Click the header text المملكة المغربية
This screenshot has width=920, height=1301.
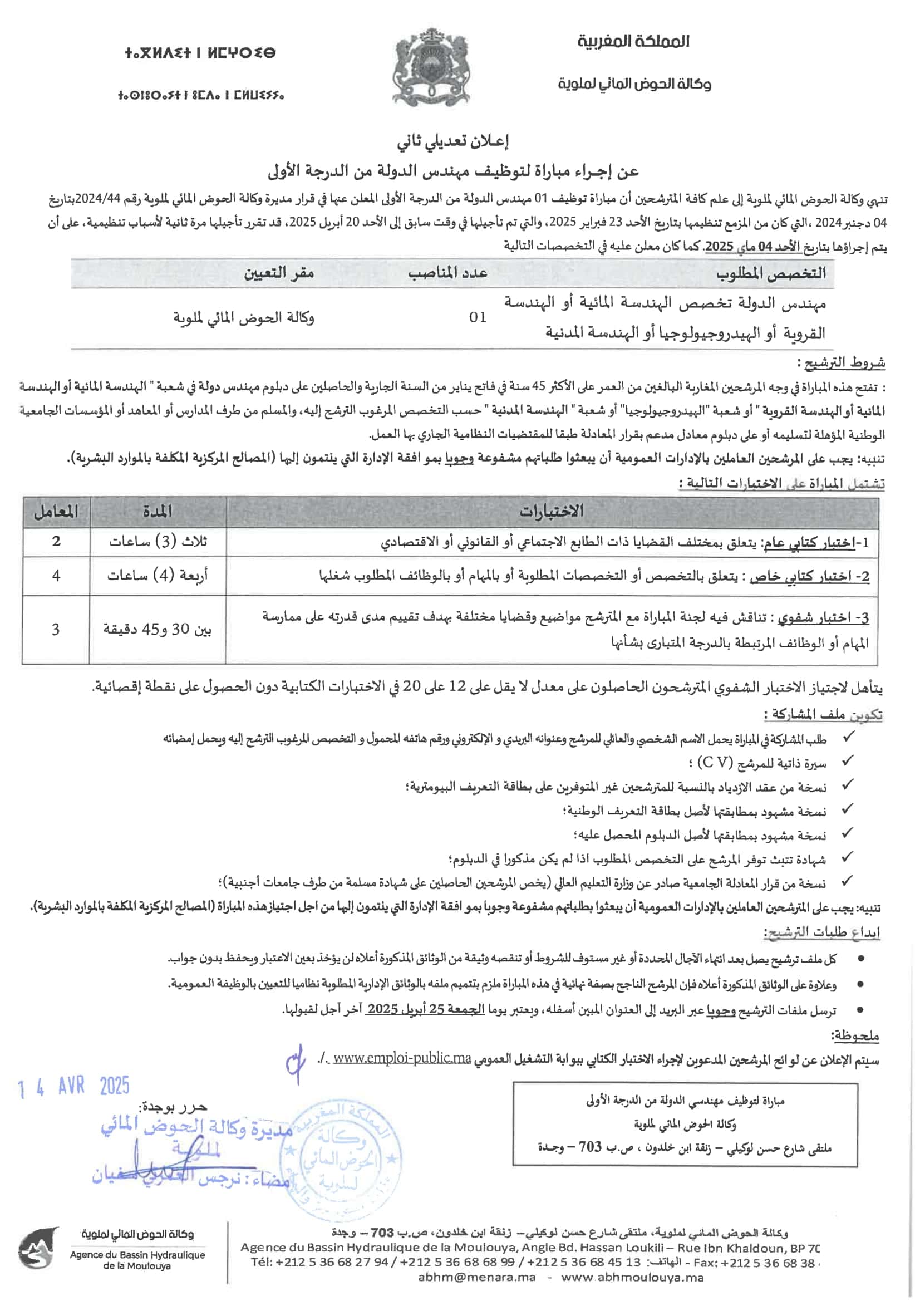pyautogui.click(x=633, y=41)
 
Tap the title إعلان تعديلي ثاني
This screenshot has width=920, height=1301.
pyautogui.click(x=452, y=141)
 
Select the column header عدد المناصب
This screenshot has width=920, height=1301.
pyautogui.click(x=447, y=273)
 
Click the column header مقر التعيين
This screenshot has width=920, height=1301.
pyautogui.click(x=279, y=273)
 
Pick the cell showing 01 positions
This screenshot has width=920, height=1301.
pyautogui.click(x=478, y=317)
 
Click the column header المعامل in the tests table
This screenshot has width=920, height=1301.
pyautogui.click(x=56, y=512)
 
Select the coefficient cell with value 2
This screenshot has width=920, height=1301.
pyautogui.click(x=56, y=541)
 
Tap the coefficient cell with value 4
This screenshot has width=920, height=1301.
pyautogui.click(x=56, y=576)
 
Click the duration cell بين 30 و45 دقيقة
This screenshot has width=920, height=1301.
pyautogui.click(x=157, y=629)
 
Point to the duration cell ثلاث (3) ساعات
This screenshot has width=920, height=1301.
pyautogui.click(x=158, y=541)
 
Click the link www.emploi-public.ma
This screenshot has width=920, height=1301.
pyautogui.click(x=402, y=1058)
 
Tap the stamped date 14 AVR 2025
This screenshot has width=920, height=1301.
pyautogui.click(x=73, y=1087)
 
